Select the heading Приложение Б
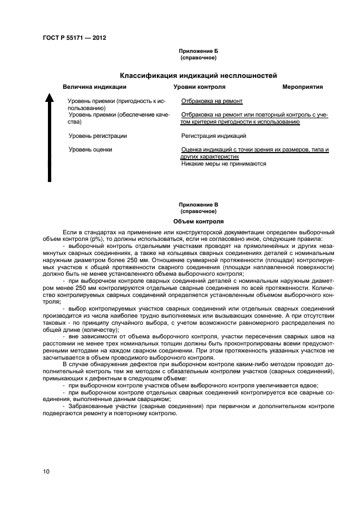coord(198,51)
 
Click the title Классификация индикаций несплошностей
coord(199,75)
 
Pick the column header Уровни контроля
coord(199,87)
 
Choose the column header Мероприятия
coord(303,87)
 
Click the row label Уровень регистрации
coord(98,136)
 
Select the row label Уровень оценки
coord(90,149)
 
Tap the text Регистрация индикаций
coord(213,136)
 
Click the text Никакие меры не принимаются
coord(223,163)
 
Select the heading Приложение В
coord(198,205)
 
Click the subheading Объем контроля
coord(198,222)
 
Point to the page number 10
coord(46,471)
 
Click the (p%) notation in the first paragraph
coord(95,239)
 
